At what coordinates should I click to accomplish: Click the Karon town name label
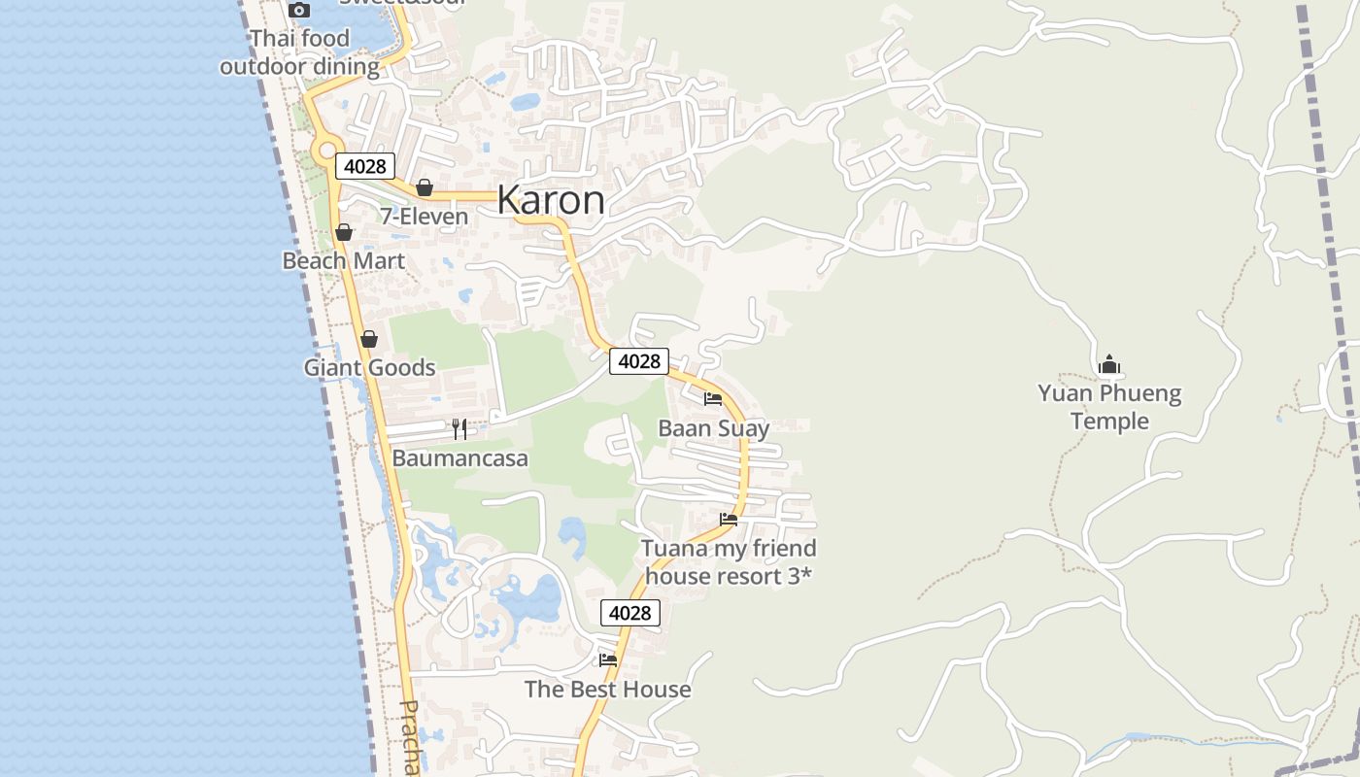[551, 200]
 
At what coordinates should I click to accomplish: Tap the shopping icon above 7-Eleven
[425, 187]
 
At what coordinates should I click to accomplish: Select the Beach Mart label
[344, 260]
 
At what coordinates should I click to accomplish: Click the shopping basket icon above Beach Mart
[344, 232]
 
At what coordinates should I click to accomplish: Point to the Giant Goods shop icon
[368, 339]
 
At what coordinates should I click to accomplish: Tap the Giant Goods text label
[369, 367]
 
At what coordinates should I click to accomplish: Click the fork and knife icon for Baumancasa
[459, 428]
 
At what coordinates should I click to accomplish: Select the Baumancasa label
[460, 457]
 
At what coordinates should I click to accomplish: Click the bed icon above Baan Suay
[713, 398]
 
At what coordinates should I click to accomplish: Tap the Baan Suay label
[713, 428]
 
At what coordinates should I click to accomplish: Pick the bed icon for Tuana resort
[729, 520]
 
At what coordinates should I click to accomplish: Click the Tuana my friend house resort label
[729, 561]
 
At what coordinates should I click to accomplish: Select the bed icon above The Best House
[608, 659]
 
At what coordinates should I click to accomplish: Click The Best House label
[608, 690]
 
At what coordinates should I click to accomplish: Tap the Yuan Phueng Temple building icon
[1109, 365]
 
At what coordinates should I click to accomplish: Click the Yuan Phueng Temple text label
[1109, 407]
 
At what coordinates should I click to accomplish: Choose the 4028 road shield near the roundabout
[365, 166]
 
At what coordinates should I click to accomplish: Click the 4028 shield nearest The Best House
[629, 613]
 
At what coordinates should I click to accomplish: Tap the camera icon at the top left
[299, 10]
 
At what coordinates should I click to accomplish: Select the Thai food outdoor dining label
[299, 53]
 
